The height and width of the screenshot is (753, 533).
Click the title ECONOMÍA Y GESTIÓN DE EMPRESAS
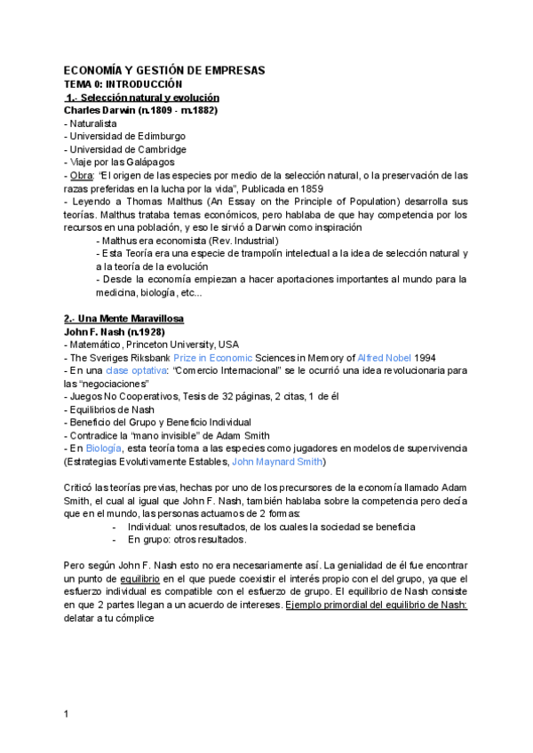(164, 70)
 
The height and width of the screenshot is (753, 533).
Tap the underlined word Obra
(82, 176)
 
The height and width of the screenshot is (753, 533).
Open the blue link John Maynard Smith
(278, 463)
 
